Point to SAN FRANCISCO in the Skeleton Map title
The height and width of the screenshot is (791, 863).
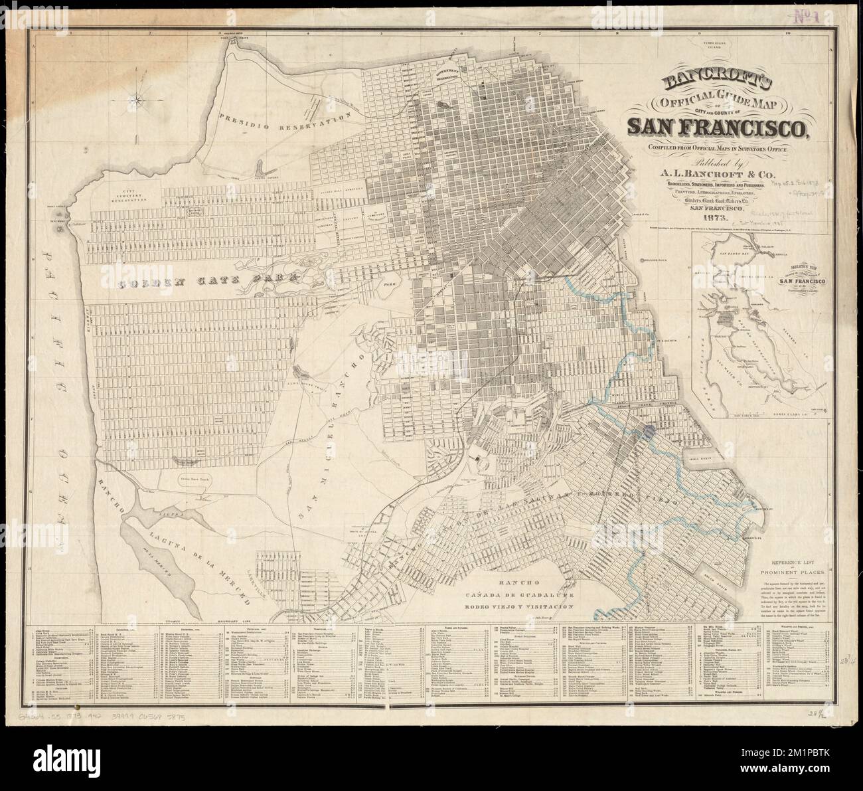[786, 282]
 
